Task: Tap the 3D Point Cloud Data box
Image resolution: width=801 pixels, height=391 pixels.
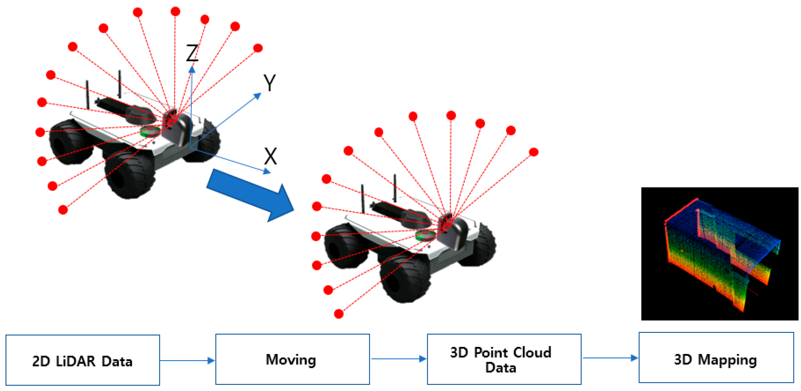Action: coord(504,359)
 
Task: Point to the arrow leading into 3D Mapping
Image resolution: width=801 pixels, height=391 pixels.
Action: coord(610,358)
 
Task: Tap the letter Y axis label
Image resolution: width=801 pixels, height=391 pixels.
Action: coord(269,83)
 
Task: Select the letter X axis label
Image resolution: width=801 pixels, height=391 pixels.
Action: coord(270,156)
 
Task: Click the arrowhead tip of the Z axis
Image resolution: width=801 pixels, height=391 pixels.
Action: coord(192,67)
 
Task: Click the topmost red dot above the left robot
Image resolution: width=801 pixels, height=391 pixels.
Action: coord(175,12)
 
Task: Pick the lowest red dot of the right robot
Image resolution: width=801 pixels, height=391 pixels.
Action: coord(339,314)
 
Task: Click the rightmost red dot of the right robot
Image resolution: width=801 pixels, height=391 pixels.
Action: coord(534,152)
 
